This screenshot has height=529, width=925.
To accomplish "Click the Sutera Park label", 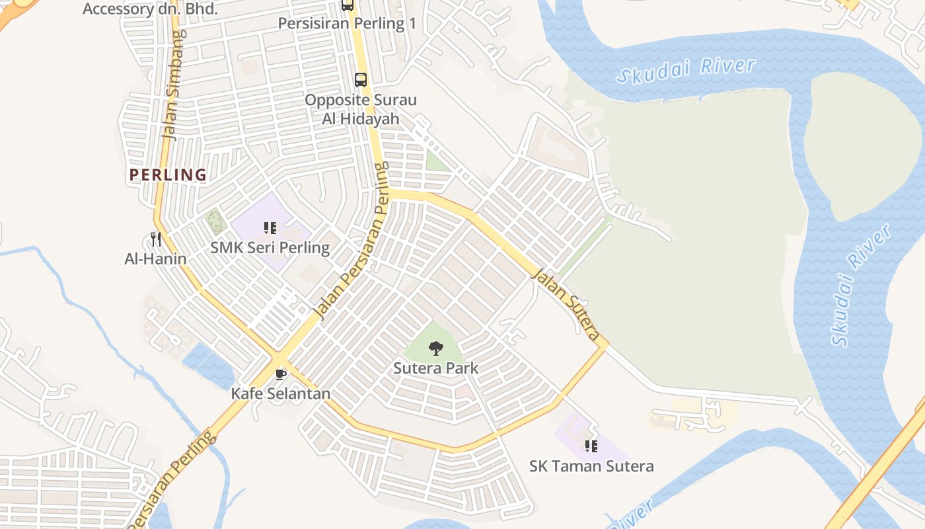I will pyautogui.click(x=435, y=368).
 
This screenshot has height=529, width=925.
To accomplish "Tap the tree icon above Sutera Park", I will pyautogui.click(x=435, y=348).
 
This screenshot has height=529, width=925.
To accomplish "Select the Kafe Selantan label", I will pyautogui.click(x=280, y=393).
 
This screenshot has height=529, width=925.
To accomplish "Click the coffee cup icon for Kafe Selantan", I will pyautogui.click(x=280, y=374).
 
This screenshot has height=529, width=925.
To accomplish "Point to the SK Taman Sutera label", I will pyautogui.click(x=591, y=466).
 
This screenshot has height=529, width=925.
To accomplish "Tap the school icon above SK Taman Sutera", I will pyautogui.click(x=591, y=446).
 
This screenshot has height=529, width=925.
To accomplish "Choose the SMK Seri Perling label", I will pyautogui.click(x=270, y=248).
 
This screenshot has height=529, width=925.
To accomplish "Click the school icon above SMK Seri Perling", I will pyautogui.click(x=270, y=228).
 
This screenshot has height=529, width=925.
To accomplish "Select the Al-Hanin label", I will pyautogui.click(x=155, y=259).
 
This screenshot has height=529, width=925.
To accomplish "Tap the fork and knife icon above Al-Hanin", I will pyautogui.click(x=155, y=239).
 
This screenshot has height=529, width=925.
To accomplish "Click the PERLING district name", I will pyautogui.click(x=168, y=175).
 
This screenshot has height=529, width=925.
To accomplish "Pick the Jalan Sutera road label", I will pyautogui.click(x=568, y=304).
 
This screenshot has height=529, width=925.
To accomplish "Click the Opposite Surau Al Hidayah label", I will pyautogui.click(x=361, y=109).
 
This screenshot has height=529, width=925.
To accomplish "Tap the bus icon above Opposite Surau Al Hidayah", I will pyautogui.click(x=361, y=80).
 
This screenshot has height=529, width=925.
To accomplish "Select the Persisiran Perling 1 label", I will pyautogui.click(x=347, y=24).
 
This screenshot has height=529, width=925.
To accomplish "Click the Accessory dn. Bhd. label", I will pyautogui.click(x=150, y=9).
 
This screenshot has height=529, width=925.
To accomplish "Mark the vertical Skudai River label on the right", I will pyautogui.click(x=860, y=284).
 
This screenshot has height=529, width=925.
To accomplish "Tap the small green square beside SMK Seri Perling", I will pyautogui.click(x=214, y=222).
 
